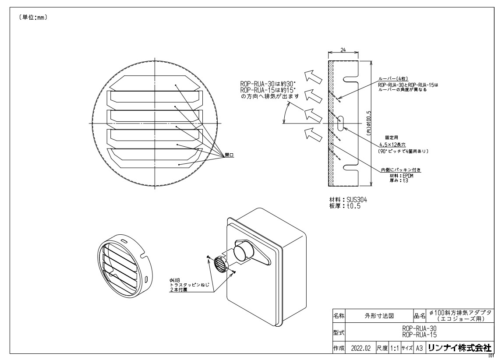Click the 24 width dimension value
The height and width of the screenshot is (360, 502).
tap(343, 50)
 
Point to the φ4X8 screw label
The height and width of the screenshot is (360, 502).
tap(175, 279)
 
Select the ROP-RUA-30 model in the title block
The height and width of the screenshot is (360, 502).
tap(419, 327)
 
